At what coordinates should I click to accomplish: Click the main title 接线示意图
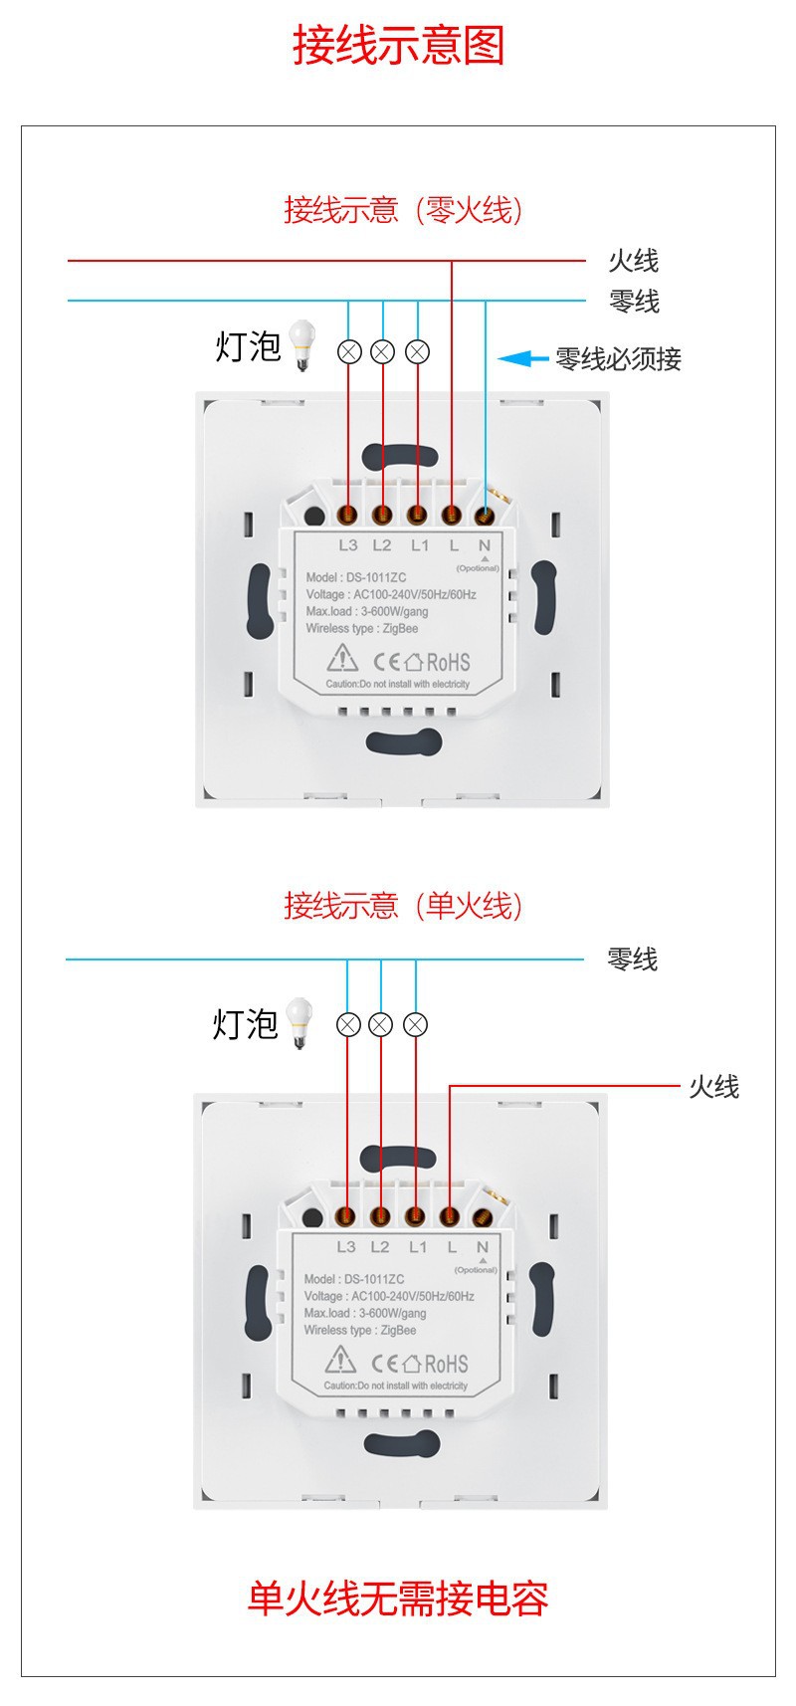(398, 46)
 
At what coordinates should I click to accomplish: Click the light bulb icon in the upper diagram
(299, 344)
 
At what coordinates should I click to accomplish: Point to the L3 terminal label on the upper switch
(347, 545)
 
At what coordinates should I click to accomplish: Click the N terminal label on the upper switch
(484, 545)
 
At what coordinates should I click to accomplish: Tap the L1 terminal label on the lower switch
(417, 1247)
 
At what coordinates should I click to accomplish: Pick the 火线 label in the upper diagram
(634, 261)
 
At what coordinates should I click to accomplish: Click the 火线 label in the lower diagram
(714, 1086)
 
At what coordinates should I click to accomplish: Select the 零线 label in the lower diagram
(633, 960)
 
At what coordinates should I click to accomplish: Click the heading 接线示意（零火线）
(402, 210)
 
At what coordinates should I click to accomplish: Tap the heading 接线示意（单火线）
(402, 905)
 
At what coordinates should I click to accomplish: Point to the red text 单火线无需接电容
(398, 1599)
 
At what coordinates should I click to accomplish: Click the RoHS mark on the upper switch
(448, 662)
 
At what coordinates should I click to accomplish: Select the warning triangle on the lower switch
(341, 1360)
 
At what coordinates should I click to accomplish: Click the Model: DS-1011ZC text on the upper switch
(355, 577)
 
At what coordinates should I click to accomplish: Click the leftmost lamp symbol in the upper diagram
(349, 351)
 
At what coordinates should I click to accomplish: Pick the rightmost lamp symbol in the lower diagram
(416, 1024)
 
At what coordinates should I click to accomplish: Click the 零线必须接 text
(618, 359)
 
